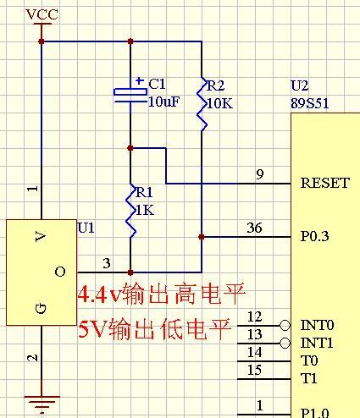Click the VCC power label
pyautogui.click(x=42, y=14)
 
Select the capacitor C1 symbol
pyautogui.click(x=130, y=96)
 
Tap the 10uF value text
pyautogui.click(x=163, y=102)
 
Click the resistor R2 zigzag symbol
pyautogui.click(x=202, y=104)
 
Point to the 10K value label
pyautogui.click(x=220, y=104)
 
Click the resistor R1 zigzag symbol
pyautogui.click(x=130, y=211)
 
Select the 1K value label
pyautogui.click(x=145, y=211)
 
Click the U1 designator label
pyautogui.click(x=86, y=228)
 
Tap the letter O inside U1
pyautogui.click(x=60, y=272)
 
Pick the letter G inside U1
pyautogui.click(x=41, y=308)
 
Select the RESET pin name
pyautogui.click(x=325, y=183)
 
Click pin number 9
pyautogui.click(x=260, y=174)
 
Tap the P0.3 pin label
pyautogui.click(x=314, y=236)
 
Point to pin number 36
pyautogui.click(x=254, y=228)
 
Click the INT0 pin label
pyautogui.click(x=317, y=325)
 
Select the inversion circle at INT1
pyautogui.click(x=285, y=344)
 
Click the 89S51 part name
pyautogui.click(x=310, y=103)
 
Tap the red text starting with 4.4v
pyautogui.click(x=161, y=294)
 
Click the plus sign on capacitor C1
pyautogui.click(x=140, y=81)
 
